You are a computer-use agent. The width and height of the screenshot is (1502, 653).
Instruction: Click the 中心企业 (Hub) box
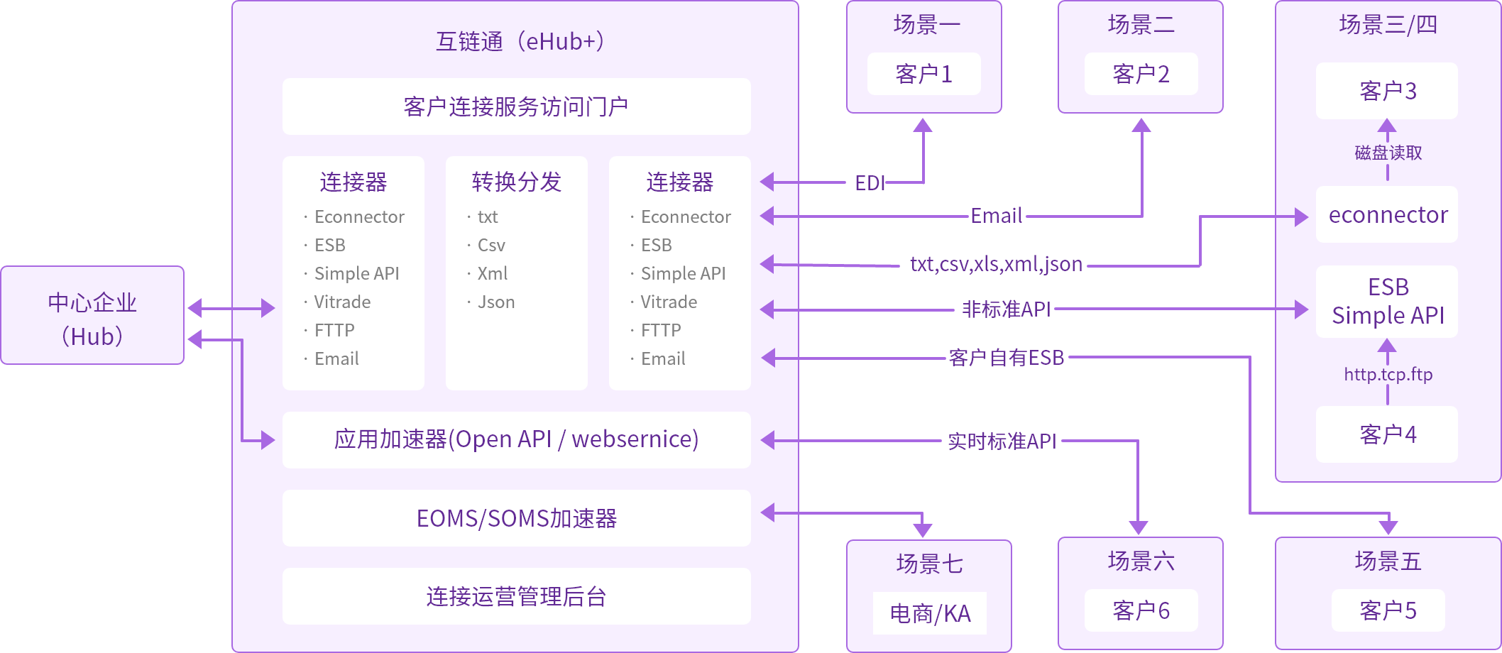tap(92, 316)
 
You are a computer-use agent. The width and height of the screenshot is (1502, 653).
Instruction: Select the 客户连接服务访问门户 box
tap(516, 106)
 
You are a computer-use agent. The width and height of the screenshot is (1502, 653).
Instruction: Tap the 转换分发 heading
tap(516, 182)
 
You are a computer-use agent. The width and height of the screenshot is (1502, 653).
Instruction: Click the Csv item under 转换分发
tap(491, 246)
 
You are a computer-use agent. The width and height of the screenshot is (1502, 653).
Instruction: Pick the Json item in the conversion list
tap(495, 302)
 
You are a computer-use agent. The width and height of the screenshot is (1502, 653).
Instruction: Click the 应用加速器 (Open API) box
tap(516, 439)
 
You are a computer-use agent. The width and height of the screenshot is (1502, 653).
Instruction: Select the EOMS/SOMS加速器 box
tap(516, 518)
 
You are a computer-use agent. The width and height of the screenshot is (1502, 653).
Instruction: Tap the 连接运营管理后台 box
tap(516, 596)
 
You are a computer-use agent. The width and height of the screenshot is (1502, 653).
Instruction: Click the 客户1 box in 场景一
tap(923, 74)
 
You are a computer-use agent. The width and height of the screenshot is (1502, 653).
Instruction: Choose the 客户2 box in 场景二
tap(1141, 74)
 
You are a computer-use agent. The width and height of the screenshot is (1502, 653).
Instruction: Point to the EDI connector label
tap(870, 183)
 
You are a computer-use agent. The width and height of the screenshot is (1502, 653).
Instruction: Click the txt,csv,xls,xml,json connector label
tap(996, 264)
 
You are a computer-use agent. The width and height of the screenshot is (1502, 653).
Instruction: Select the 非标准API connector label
tap(1006, 309)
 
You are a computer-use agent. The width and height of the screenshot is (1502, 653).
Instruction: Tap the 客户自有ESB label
tap(1006, 358)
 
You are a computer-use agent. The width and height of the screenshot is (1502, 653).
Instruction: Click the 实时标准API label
tap(1002, 441)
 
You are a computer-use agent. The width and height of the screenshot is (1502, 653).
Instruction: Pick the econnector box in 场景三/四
tap(1387, 214)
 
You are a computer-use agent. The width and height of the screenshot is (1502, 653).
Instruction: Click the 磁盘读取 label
tap(1388, 153)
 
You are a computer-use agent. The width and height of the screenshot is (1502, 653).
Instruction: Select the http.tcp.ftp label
tap(1388, 374)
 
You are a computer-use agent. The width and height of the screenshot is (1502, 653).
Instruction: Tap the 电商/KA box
tap(930, 613)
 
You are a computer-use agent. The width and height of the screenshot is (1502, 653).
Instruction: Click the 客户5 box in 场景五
tap(1388, 610)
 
